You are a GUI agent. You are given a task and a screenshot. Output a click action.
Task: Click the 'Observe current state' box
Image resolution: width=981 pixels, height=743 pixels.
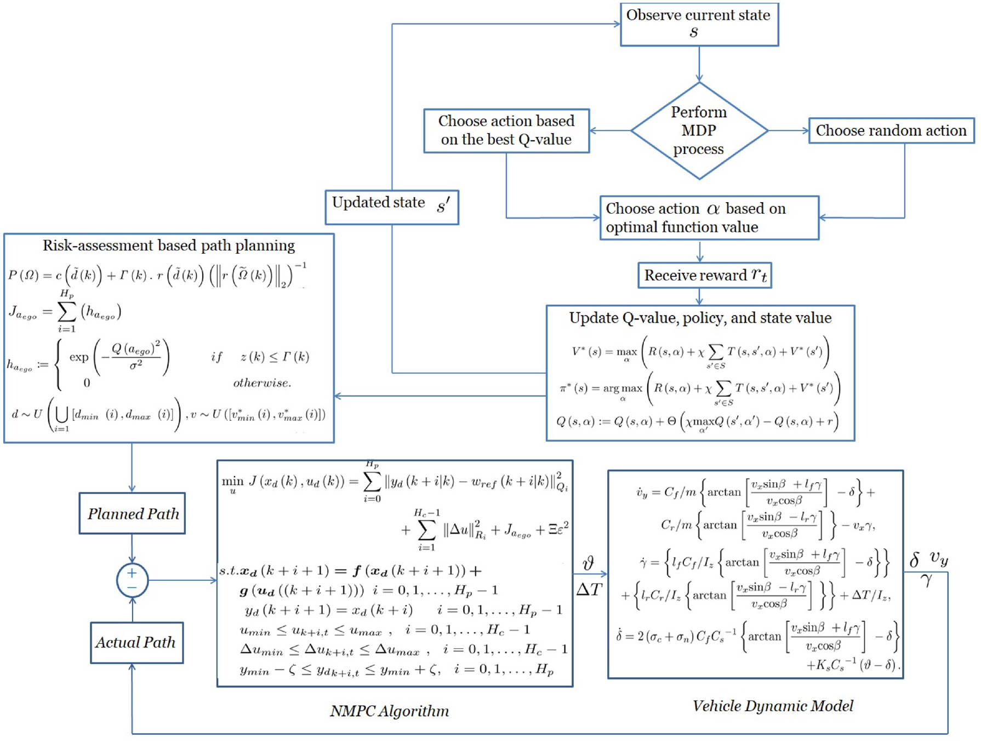(x=699, y=25)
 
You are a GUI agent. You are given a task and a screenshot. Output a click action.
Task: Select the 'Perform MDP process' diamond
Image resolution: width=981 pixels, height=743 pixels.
(x=699, y=130)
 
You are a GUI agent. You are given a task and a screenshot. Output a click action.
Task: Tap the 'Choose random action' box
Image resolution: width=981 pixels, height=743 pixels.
(x=891, y=131)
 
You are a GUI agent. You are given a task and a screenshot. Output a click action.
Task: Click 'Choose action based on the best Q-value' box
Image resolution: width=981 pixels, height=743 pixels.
(x=506, y=131)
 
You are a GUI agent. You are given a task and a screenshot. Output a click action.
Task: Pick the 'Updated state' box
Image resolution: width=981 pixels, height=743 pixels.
(x=392, y=207)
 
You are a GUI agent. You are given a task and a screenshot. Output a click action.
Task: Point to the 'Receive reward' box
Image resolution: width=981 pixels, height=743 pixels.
(x=705, y=275)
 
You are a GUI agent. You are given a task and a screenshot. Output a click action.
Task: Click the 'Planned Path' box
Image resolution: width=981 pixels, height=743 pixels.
(x=132, y=513)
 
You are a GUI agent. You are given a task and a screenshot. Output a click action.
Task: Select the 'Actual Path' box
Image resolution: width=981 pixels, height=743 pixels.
(x=136, y=643)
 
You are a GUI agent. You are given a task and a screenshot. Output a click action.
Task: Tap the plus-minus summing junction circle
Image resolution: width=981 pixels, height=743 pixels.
(x=132, y=580)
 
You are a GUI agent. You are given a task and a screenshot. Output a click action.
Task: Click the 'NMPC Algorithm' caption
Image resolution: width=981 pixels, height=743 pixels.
(x=390, y=711)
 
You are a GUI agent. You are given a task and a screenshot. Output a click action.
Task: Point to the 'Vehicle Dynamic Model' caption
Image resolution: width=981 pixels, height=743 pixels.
(x=773, y=706)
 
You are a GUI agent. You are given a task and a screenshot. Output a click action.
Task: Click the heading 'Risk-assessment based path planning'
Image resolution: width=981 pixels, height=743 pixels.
(x=169, y=245)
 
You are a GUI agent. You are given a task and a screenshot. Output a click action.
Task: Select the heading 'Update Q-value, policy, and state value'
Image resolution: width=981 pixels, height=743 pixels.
(x=700, y=318)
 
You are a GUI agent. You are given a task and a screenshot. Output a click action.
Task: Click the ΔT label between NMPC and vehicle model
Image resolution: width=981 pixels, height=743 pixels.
(x=589, y=590)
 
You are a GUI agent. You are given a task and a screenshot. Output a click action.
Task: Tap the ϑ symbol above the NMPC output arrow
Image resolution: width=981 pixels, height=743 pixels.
(x=588, y=563)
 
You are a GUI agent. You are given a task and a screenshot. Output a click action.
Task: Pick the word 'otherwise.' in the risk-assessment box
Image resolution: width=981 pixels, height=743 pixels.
(x=262, y=382)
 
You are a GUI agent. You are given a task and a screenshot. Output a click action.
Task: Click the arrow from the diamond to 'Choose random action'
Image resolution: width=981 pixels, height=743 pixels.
(x=789, y=130)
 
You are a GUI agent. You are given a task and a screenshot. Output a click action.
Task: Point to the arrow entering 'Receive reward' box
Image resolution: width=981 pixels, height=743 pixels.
(x=700, y=251)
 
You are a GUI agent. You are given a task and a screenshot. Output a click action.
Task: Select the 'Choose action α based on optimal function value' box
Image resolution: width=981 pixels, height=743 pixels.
(x=709, y=218)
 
